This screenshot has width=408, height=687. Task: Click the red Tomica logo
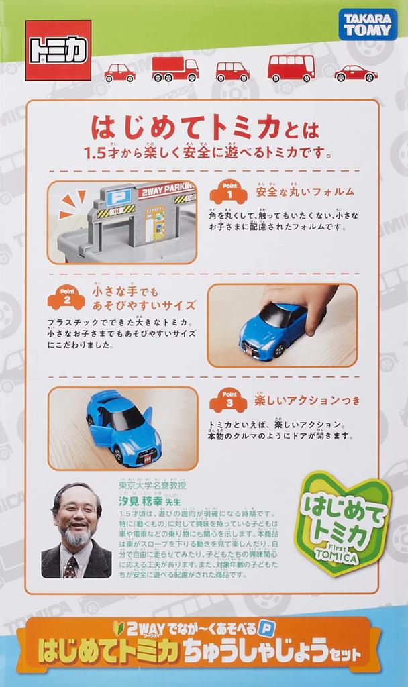(58, 50)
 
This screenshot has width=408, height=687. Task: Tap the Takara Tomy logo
(367, 25)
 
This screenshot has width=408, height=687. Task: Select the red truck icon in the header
(175, 68)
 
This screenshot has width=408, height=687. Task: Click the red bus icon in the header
(291, 68)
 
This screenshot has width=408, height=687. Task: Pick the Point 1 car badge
(228, 193)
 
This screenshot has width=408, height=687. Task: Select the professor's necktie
(70, 568)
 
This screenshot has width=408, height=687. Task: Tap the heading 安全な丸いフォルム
(305, 192)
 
